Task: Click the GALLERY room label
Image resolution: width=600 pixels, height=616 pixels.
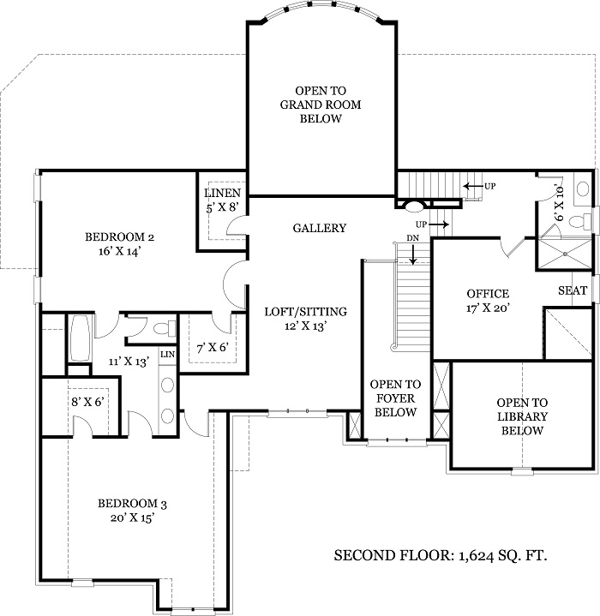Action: pyautogui.click(x=319, y=228)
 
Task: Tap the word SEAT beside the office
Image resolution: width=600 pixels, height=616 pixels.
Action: pyautogui.click(x=573, y=291)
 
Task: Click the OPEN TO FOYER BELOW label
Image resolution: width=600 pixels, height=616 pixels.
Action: pyautogui.click(x=394, y=398)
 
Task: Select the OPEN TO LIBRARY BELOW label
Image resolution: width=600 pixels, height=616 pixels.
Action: pyautogui.click(x=522, y=416)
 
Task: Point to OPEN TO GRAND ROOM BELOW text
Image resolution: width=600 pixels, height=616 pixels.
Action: pyautogui.click(x=321, y=105)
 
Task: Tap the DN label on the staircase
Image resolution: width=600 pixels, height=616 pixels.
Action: pyautogui.click(x=412, y=237)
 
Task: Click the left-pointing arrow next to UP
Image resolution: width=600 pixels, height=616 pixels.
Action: pyautogui.click(x=471, y=186)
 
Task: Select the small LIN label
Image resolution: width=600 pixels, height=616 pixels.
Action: pyautogui.click(x=167, y=354)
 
